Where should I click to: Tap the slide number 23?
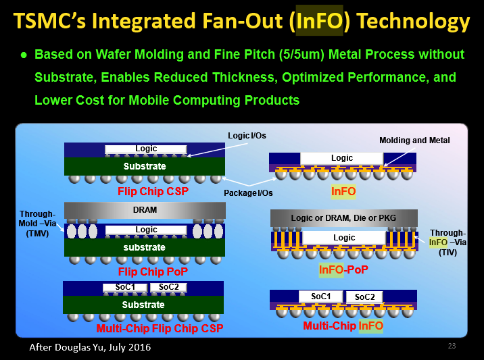(452, 346)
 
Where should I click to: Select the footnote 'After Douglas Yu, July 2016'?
(90, 347)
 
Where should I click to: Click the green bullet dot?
(24, 55)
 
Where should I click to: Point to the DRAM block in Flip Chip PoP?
(145, 210)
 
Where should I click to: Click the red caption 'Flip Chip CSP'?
(153, 191)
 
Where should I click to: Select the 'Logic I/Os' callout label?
(247, 136)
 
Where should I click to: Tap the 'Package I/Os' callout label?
(248, 193)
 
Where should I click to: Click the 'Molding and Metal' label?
(414, 140)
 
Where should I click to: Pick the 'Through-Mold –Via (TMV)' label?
(37, 224)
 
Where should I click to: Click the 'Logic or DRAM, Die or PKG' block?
(344, 218)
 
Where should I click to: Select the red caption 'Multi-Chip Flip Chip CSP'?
(160, 328)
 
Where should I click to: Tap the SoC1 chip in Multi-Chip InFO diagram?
(320, 297)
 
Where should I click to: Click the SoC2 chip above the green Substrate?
(168, 287)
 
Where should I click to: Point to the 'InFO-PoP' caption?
(343, 270)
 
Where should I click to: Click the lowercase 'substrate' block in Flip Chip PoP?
(145, 247)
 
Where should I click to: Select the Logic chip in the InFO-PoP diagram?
(344, 238)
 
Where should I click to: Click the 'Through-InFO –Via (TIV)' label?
(447, 242)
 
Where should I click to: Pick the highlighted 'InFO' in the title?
(320, 21)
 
